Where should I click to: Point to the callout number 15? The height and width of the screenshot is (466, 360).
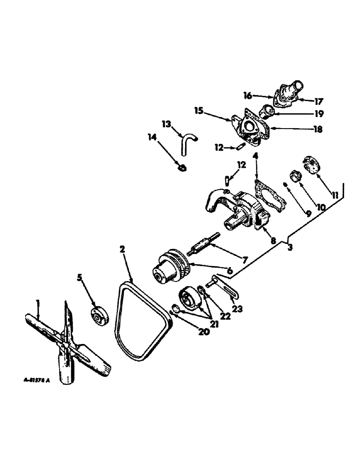[200, 111]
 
